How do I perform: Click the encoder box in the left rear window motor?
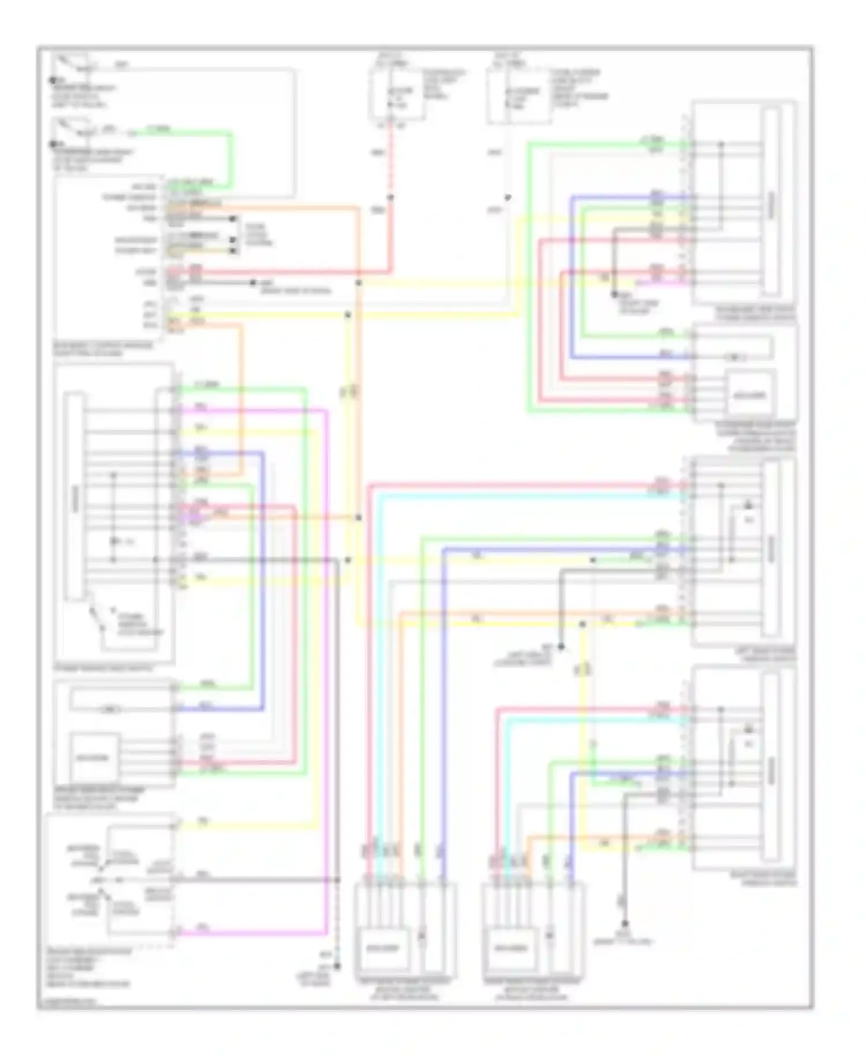pos(383,948)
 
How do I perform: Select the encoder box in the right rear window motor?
pos(510,948)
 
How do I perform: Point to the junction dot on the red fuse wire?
pos(390,198)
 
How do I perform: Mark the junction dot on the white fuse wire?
pos(507,198)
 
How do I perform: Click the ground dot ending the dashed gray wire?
pos(337,966)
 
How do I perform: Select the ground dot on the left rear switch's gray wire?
pos(561,648)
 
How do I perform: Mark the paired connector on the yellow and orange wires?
pos(348,393)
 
